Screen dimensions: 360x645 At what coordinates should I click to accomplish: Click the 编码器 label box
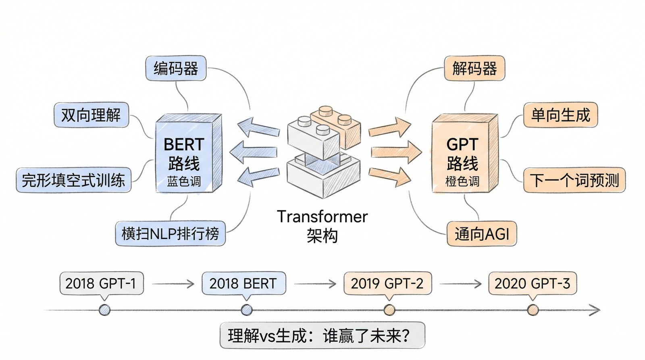(x=176, y=69)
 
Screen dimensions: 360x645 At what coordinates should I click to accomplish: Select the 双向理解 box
(x=91, y=115)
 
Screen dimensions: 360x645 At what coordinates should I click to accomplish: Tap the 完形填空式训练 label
(x=73, y=180)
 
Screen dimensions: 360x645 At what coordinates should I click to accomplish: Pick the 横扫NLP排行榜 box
(x=170, y=233)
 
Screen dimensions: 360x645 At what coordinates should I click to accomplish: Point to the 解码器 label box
(x=474, y=69)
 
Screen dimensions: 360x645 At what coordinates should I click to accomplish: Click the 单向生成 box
(x=560, y=115)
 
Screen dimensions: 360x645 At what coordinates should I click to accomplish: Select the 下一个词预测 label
(x=574, y=180)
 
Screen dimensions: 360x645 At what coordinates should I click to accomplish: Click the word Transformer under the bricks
(x=322, y=217)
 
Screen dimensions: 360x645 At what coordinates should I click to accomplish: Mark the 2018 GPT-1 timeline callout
(x=101, y=283)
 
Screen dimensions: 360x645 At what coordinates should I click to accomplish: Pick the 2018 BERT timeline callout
(x=243, y=283)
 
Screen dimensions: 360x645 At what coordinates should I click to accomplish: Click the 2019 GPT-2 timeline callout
(x=387, y=283)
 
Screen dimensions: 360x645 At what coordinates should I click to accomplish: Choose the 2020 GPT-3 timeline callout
(x=532, y=283)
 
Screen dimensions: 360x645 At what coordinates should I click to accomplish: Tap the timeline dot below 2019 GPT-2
(x=389, y=310)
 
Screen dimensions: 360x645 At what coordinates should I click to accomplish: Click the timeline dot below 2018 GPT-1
(x=104, y=310)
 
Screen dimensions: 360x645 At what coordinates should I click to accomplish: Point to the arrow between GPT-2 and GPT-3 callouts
(x=460, y=284)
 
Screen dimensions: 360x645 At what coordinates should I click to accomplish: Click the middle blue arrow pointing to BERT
(x=253, y=153)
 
